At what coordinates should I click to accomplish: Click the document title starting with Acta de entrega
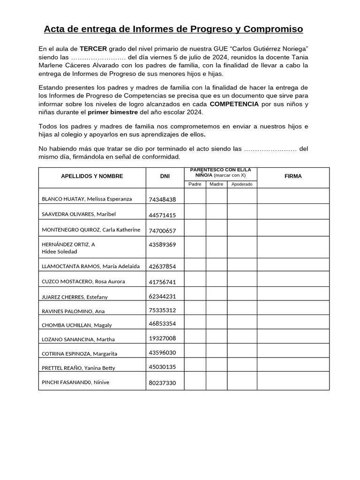coord(173,30)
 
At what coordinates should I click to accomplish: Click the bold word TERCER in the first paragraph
coord(93,49)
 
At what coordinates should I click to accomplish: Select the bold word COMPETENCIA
coord(234,104)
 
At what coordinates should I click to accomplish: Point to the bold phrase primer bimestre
coord(113,112)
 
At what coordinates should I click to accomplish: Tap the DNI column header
coord(165,176)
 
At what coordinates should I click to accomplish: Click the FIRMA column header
coord(293,176)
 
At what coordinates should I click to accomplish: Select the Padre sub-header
coord(195,184)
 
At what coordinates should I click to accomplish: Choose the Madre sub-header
coord(216,184)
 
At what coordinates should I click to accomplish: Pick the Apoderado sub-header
coord(242,184)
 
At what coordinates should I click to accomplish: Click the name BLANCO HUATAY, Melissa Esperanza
coord(87,199)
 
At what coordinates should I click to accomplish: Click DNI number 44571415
coord(162,215)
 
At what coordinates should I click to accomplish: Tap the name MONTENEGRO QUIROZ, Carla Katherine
coord(91,230)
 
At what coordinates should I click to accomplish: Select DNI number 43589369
coord(162,244)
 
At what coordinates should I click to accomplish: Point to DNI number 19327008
coord(162,338)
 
